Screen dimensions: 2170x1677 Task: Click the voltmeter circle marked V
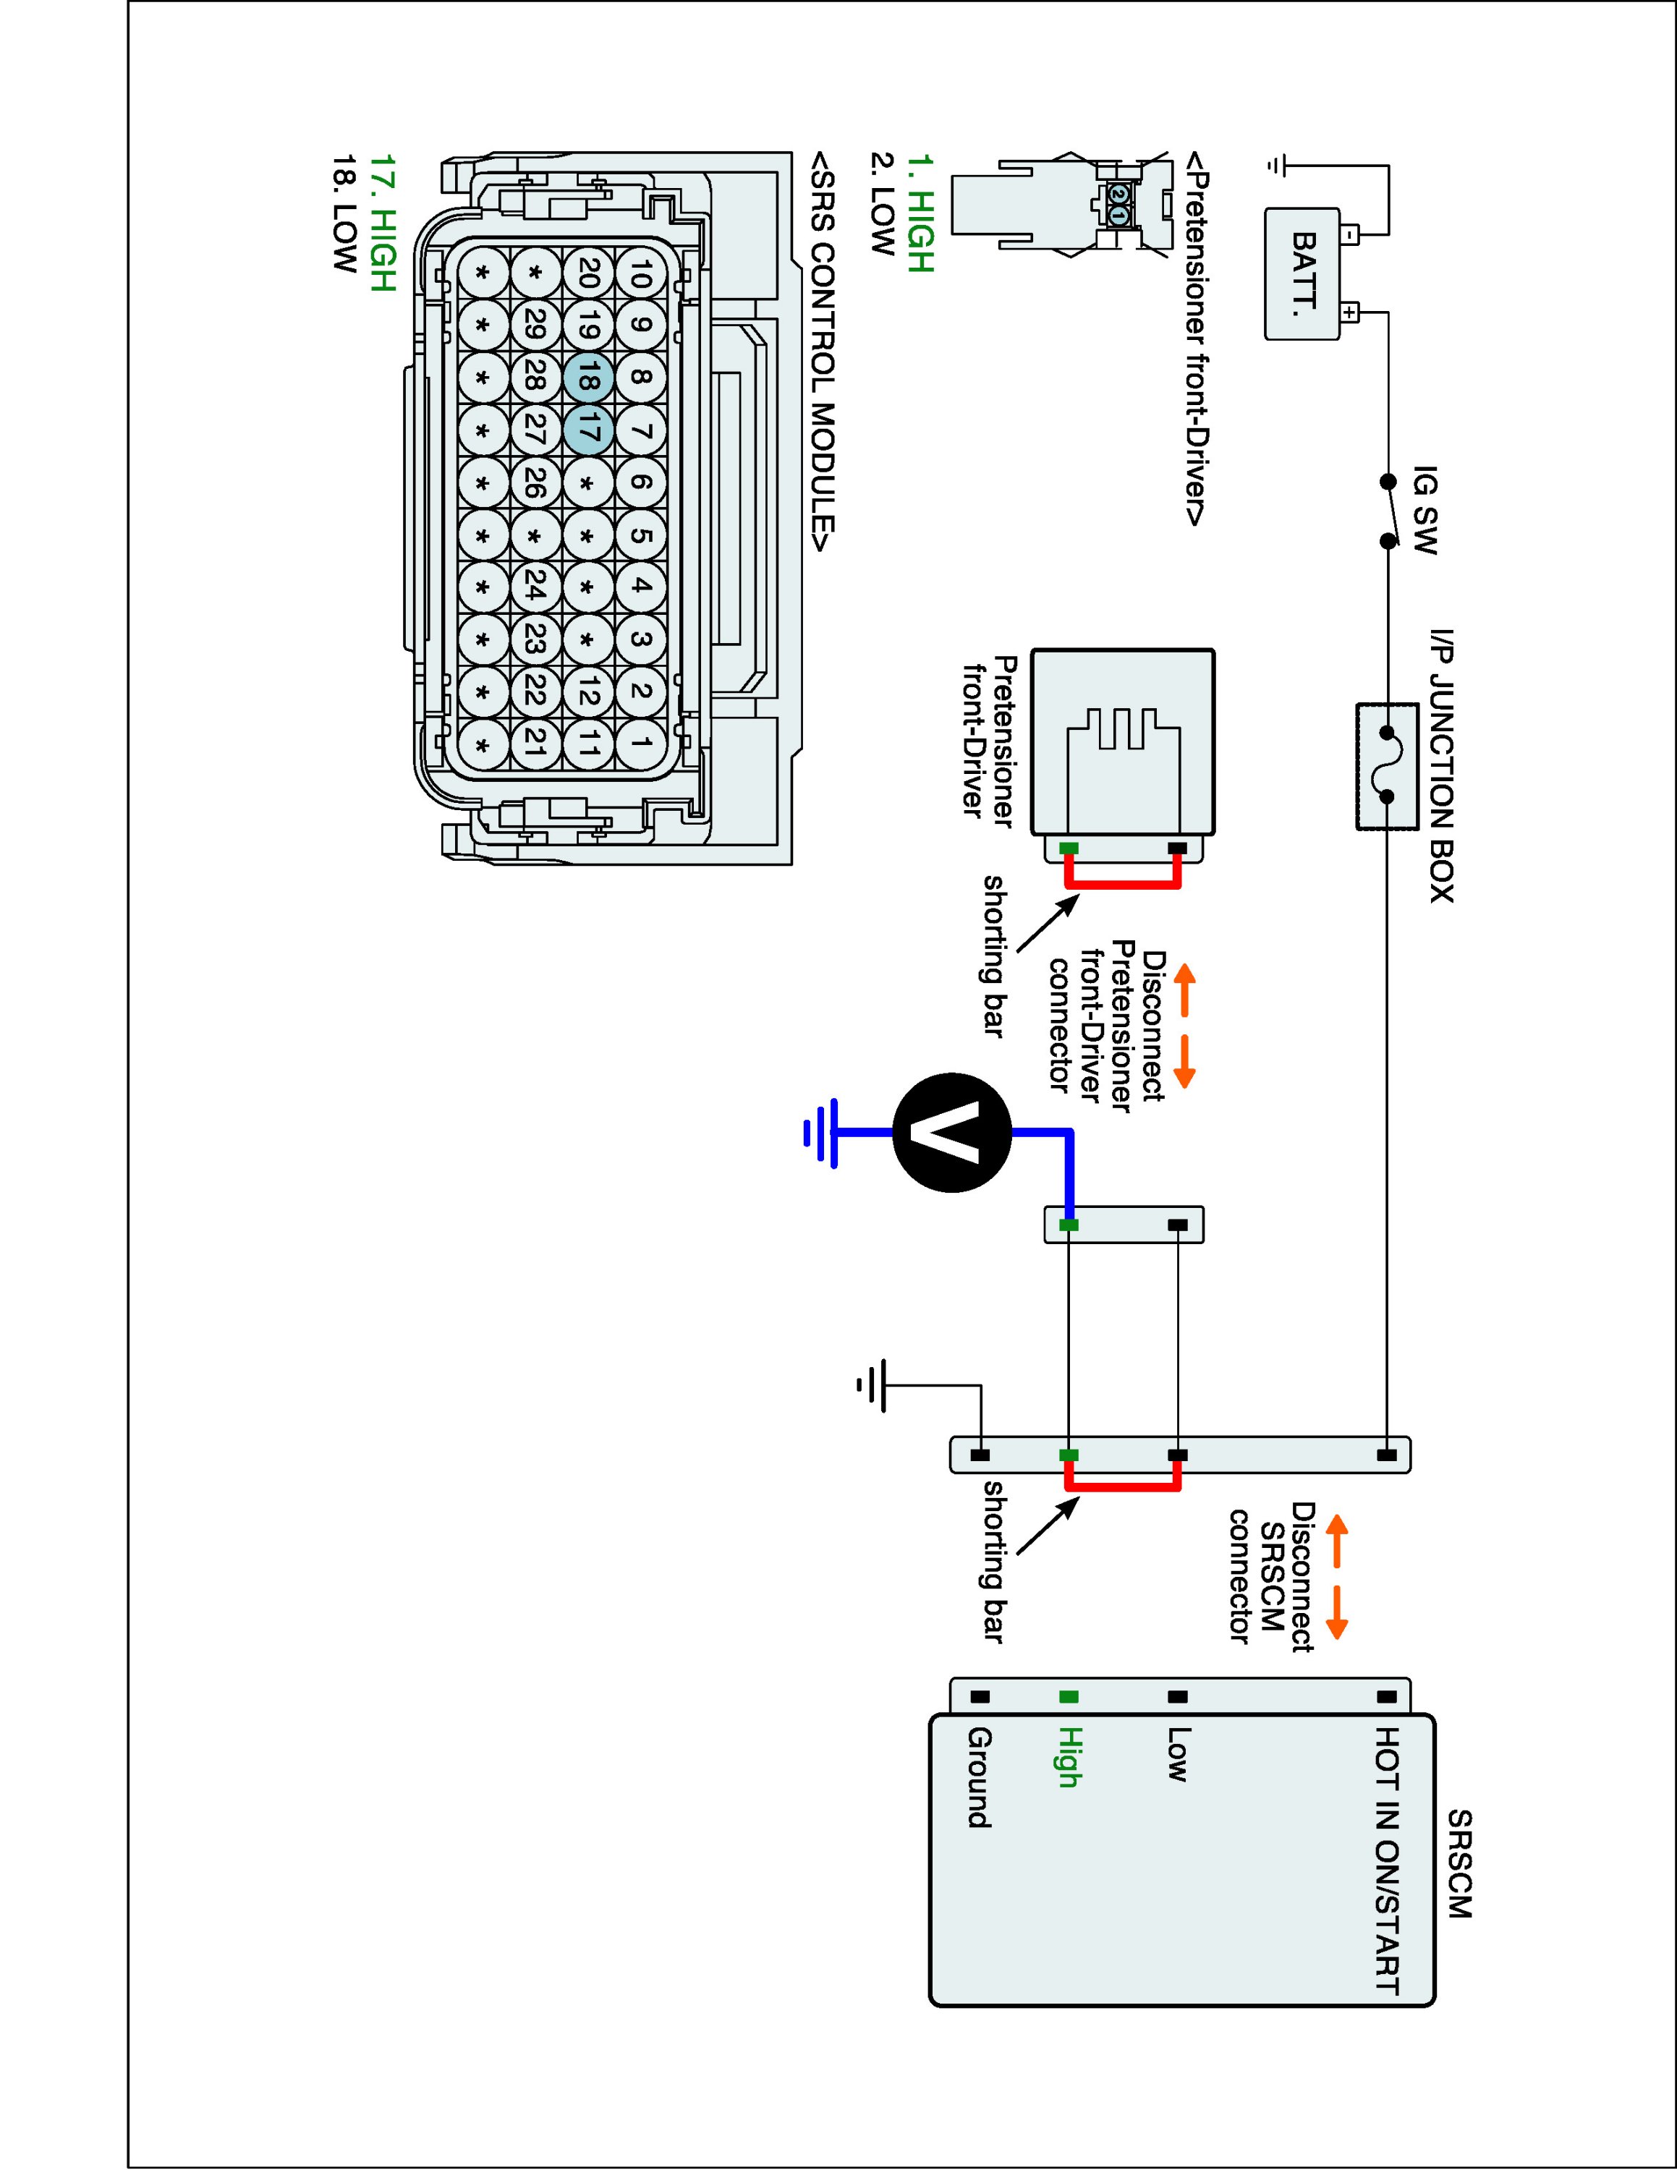952,1132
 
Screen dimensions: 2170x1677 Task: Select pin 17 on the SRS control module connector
588,431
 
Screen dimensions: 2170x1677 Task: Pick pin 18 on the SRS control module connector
588,378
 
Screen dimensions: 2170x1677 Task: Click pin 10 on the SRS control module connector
641,272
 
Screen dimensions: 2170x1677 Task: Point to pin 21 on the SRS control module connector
535,742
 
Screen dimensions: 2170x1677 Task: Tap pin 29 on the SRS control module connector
535,325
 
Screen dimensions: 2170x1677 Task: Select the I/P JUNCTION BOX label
1440,765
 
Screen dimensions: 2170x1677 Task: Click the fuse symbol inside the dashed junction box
1385,766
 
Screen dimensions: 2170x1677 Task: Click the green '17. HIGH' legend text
383,223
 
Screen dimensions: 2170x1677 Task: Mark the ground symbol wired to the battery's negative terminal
1278,165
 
